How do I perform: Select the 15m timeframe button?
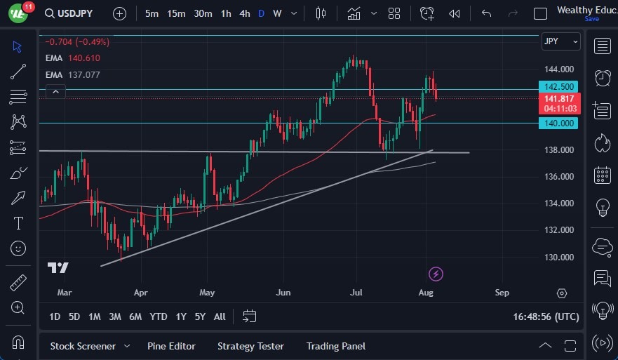coord(177,13)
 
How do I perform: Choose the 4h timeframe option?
coord(244,13)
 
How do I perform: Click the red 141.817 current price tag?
coord(560,99)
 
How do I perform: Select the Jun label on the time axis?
coord(283,292)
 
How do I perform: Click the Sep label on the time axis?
coord(502,292)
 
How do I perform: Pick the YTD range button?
coord(159,316)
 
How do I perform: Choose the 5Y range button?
coord(200,316)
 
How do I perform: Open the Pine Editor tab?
coord(171,346)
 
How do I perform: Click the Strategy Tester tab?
coord(250,346)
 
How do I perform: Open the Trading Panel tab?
coord(336,346)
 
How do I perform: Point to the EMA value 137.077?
coord(83,74)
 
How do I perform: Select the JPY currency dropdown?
coord(561,41)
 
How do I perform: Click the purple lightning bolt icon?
coord(436,274)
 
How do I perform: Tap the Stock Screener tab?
coord(83,346)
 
